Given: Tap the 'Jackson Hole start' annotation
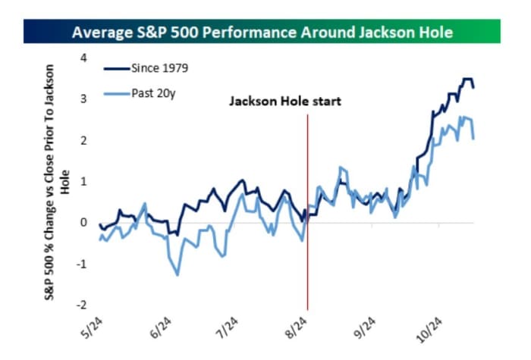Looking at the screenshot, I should [x=285, y=100].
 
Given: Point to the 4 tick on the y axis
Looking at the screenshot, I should [x=84, y=58].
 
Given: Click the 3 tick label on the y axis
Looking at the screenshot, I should [x=84, y=99].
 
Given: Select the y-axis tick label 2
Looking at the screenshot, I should [x=84, y=140].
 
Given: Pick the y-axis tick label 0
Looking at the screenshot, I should [x=84, y=223].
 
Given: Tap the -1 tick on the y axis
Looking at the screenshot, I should [x=82, y=264].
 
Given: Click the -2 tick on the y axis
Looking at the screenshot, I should [x=82, y=305].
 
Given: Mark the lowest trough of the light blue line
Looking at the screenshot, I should [x=178, y=274].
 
